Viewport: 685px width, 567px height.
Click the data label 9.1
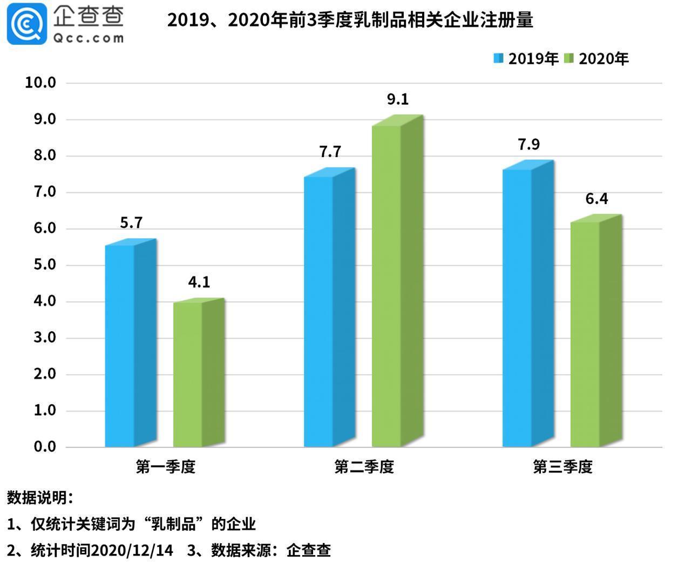click(x=398, y=99)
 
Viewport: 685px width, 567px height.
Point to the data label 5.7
click(x=131, y=223)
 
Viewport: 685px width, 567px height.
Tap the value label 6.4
click(x=596, y=199)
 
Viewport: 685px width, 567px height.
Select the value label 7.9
click(x=528, y=145)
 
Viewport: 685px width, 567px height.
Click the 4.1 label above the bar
click(x=199, y=282)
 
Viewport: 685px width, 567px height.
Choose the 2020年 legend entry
click(x=596, y=59)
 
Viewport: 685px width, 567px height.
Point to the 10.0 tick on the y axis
click(x=40, y=83)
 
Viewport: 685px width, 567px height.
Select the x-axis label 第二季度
click(x=364, y=467)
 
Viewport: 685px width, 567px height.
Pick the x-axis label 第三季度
click(x=562, y=467)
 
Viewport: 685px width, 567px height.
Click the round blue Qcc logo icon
click(x=26, y=23)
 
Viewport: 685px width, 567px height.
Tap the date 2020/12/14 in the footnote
click(x=132, y=550)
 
